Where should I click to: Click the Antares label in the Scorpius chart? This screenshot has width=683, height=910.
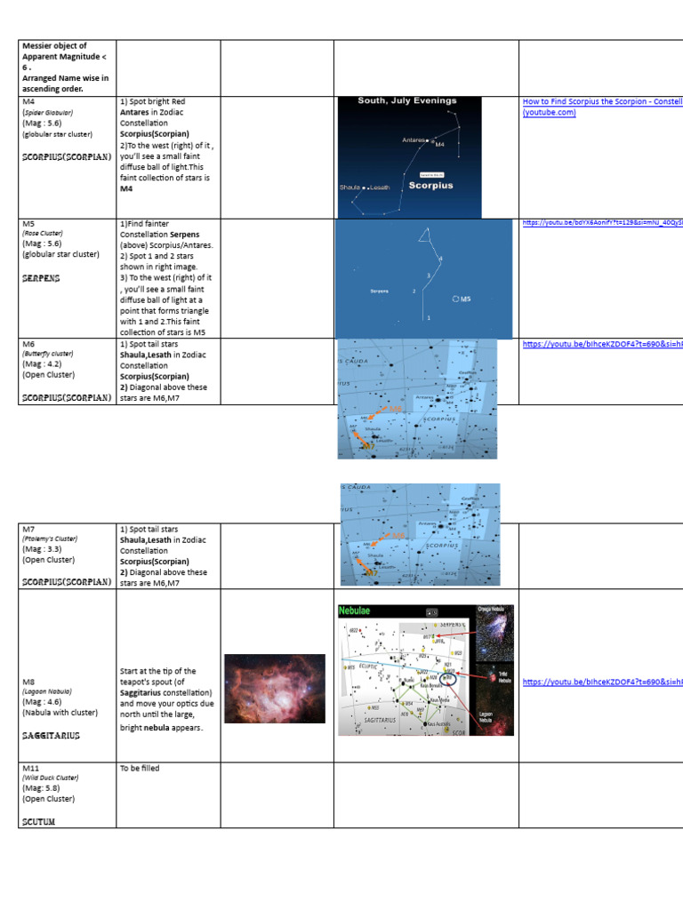(414, 140)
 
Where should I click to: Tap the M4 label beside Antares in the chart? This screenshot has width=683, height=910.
(439, 144)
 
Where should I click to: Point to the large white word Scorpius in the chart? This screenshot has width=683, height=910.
(430, 186)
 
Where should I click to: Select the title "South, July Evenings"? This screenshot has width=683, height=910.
(407, 101)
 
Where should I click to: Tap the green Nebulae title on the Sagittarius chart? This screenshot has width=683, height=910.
(359, 611)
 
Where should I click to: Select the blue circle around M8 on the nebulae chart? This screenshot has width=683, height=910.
(450, 678)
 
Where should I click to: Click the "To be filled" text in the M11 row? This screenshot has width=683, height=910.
(140, 768)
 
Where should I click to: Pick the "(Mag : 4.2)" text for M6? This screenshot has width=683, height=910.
(42, 363)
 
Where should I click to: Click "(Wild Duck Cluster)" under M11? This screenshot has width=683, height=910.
(52, 778)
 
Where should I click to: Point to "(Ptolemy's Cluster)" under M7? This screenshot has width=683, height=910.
(51, 539)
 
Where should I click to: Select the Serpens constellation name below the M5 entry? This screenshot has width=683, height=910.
(41, 278)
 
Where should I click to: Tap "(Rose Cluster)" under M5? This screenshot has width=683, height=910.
(43, 233)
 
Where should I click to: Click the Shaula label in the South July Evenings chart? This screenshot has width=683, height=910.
(349, 188)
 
